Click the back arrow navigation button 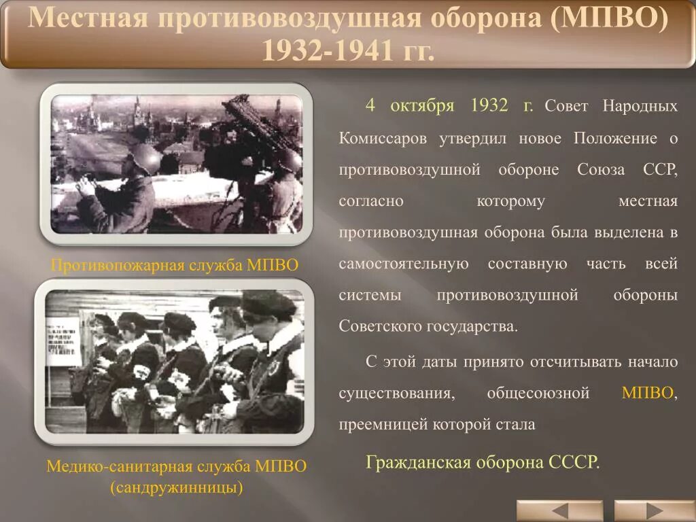coord(559,510)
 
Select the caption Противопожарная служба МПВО coord(175,265)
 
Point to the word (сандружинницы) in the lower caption coord(176,487)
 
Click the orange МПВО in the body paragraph coord(647,394)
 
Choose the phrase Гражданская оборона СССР coord(483,463)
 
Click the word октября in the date coord(421,106)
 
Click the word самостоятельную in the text coord(404,264)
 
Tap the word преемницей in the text coord(383,425)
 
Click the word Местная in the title coord(87,18)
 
